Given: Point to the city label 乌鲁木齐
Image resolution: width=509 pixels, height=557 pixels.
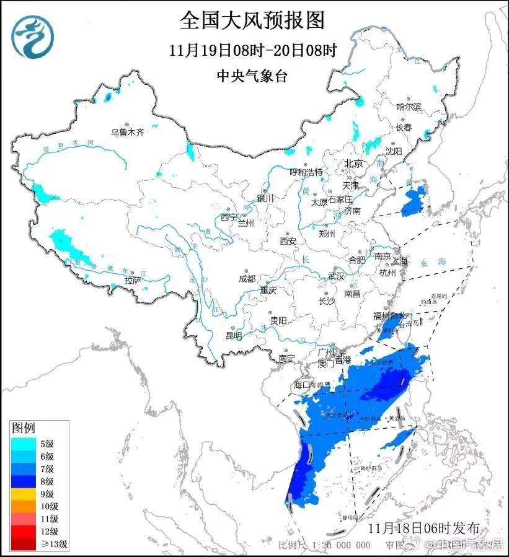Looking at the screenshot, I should point(127,132).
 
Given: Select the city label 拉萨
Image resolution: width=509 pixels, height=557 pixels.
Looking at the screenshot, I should point(133,280).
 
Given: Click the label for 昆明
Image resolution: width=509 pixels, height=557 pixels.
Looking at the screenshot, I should point(234,335).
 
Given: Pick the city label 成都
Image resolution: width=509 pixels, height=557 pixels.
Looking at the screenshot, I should point(247,279).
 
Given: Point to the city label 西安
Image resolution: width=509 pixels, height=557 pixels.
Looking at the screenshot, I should point(288,240).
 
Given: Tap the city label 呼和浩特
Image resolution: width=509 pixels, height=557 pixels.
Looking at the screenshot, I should point(306,172).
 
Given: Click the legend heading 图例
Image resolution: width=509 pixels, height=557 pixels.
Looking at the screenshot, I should point(24,428).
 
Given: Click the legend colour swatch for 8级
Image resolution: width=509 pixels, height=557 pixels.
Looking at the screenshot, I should point(25,481).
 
